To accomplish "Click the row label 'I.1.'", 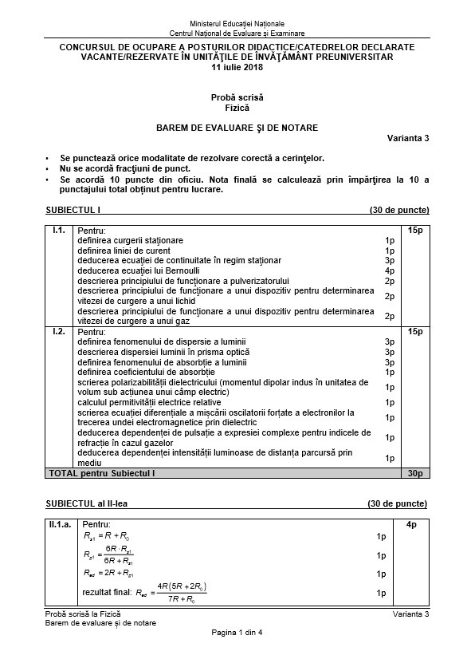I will [x=58, y=231].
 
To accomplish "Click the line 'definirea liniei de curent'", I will [x=124, y=251].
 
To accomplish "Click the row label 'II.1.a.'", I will [x=61, y=524].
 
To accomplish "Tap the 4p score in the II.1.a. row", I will [x=411, y=524].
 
